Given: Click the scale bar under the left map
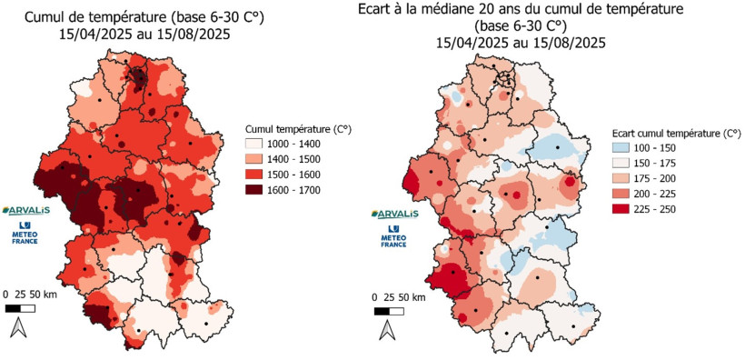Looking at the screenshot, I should (x=21, y=309).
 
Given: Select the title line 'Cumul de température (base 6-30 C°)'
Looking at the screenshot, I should (x=125, y=16).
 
